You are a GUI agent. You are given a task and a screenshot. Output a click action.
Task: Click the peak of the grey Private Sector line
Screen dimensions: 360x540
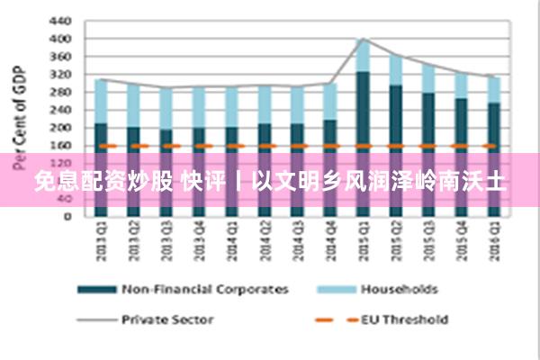coord(363,39)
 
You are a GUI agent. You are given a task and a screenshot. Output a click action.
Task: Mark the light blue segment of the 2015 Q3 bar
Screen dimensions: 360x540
coord(428,79)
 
